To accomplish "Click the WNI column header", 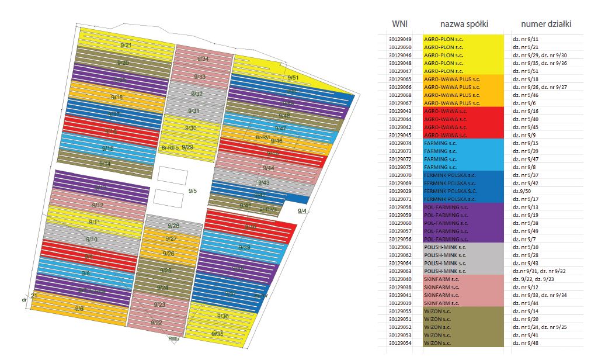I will pyautogui.click(x=399, y=24).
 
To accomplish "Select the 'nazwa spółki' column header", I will pyautogui.click(x=464, y=24).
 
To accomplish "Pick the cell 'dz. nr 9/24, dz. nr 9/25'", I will pyautogui.click(x=539, y=327).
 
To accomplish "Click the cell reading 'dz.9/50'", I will pyautogui.click(x=521, y=191).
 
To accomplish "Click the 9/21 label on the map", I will pyautogui.click(x=126, y=45).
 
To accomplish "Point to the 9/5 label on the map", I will pyautogui.click(x=193, y=191).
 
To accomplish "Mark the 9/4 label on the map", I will pyautogui.click(x=302, y=211).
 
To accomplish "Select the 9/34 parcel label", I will pyautogui.click(x=203, y=59).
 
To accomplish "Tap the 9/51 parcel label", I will pyautogui.click(x=293, y=77).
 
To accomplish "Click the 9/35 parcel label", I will pyautogui.click(x=217, y=334).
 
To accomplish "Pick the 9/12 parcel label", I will pyautogui.click(x=98, y=205).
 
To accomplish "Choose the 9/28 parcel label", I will pyautogui.click(x=173, y=226).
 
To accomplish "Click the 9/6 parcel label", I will pyautogui.click(x=79, y=308).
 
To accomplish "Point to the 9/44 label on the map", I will pyautogui.click(x=269, y=168).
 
